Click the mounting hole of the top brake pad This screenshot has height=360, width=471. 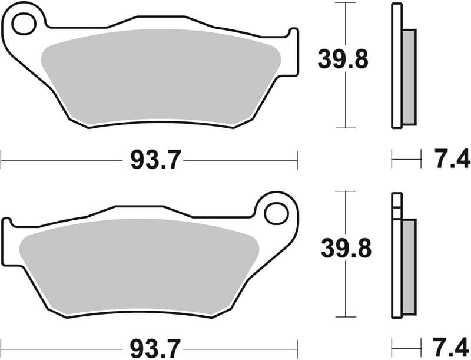tap(24, 24)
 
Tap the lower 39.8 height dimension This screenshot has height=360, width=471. tap(346, 248)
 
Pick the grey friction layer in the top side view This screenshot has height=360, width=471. tap(408, 77)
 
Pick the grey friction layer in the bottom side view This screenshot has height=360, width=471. tap(408, 265)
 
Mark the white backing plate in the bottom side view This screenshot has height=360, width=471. tap(396, 265)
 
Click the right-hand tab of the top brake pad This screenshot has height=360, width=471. tap(293, 53)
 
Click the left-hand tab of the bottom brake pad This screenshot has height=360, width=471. tap(7, 242)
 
